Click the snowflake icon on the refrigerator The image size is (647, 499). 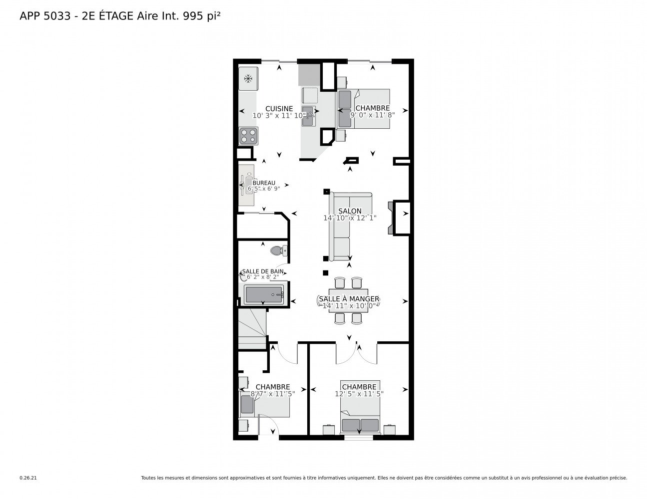click(248, 78)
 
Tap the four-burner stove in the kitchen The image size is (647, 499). click(248, 136)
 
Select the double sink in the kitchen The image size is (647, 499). click(308, 116)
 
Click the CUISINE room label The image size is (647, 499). click(279, 109)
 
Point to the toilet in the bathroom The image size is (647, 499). click(279, 250)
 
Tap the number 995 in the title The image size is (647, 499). click(193, 16)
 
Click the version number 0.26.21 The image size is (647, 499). click(28, 478)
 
